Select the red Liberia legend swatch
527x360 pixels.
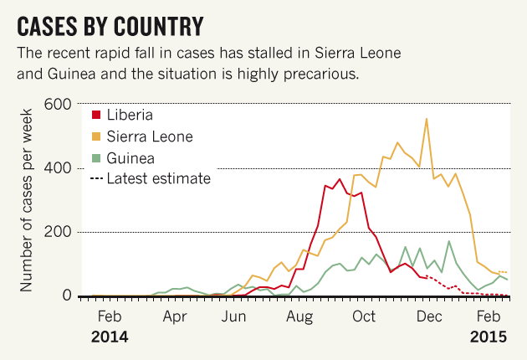[x=95, y=115]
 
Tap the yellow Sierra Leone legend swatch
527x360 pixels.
[x=95, y=136]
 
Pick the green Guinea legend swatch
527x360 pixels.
[x=95, y=157]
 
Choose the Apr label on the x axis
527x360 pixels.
[x=174, y=317]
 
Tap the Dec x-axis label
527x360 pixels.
[x=428, y=317]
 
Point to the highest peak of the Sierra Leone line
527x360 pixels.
[x=427, y=119]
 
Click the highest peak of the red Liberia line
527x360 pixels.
[x=340, y=179]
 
